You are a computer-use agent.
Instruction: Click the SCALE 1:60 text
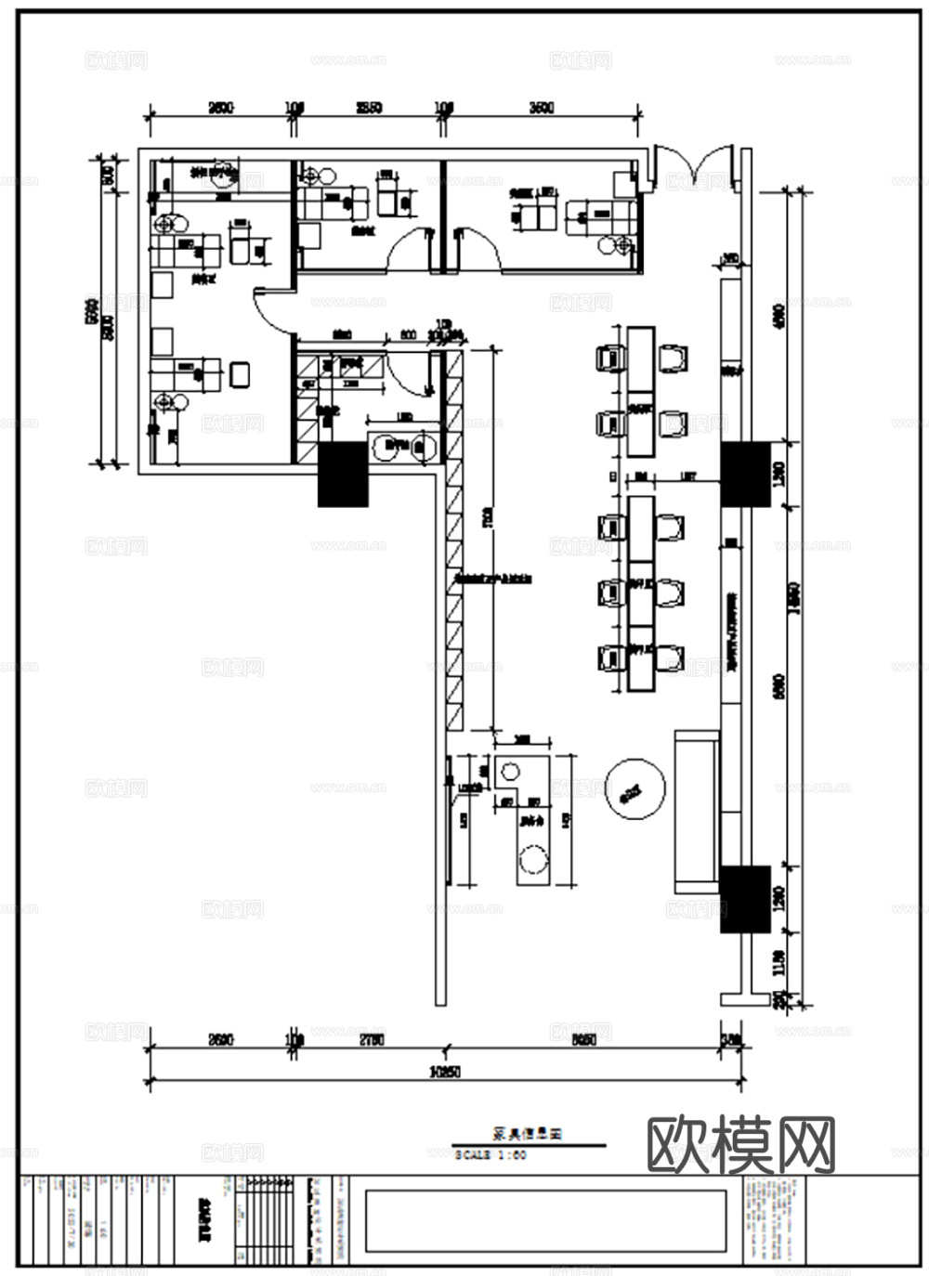pos(491,1155)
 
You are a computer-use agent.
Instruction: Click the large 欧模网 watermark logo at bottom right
pos(739,1143)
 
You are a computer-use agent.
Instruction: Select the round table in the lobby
pos(635,790)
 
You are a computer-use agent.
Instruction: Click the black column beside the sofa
pos(746,898)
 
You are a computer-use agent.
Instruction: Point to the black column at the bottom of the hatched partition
pos(344,474)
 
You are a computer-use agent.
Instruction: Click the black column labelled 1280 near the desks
pos(745,474)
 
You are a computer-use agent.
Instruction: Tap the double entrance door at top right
pos(697,167)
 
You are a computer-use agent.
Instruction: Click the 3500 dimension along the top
pos(542,108)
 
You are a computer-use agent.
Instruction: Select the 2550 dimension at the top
pos(369,108)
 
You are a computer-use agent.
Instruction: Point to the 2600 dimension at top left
pos(220,108)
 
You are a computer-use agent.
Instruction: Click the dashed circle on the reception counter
pos(533,859)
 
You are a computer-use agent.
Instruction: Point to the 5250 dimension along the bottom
pos(582,1039)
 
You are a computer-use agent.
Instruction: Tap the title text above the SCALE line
pos(528,1134)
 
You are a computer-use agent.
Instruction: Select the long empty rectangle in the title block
pos(545,1218)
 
